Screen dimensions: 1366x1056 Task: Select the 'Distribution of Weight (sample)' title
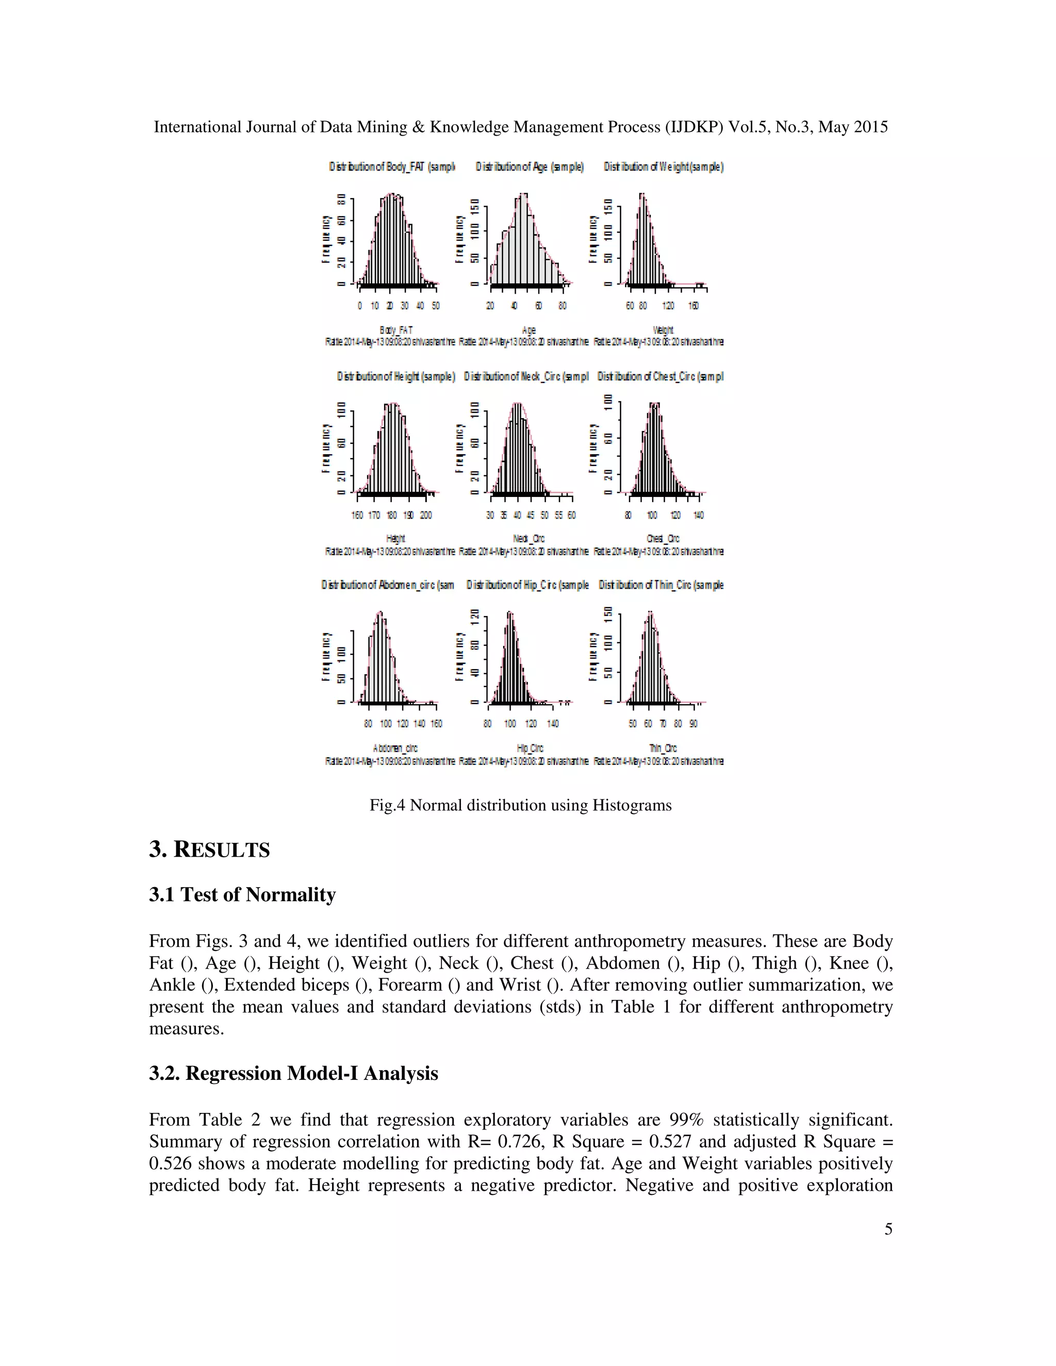663,167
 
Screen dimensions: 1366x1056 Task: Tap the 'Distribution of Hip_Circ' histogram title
527,585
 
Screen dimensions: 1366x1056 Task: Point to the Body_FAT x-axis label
396,329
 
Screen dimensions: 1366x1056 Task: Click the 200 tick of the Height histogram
426,515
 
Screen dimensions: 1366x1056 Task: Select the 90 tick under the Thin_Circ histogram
693,724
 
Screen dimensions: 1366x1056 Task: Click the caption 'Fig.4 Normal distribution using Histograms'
520,805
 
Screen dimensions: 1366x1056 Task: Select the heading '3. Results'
209,850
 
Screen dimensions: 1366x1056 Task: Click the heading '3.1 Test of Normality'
242,895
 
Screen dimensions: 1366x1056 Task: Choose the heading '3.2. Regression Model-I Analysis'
293,1073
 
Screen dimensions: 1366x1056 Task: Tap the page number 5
888,1229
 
